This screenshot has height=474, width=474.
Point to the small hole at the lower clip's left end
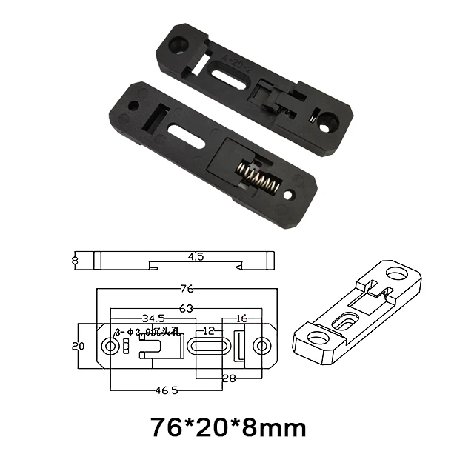click(x=133, y=106)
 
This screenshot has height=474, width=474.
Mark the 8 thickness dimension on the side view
click(x=75, y=260)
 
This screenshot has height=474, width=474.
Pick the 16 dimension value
click(x=241, y=318)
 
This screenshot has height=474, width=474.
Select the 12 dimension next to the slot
click(x=210, y=330)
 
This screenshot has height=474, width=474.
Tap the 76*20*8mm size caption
click(x=227, y=427)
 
